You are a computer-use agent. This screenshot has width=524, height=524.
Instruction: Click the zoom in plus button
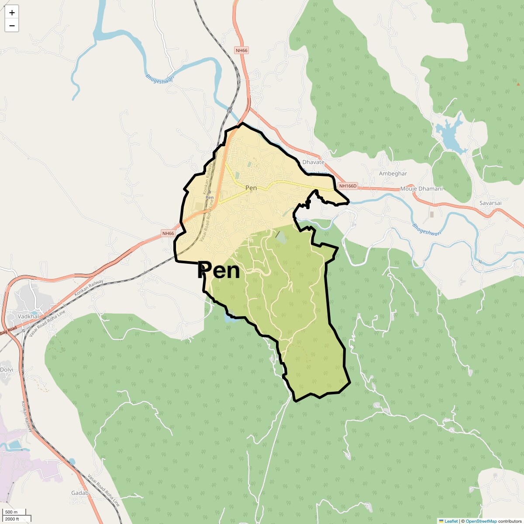(x=12, y=13)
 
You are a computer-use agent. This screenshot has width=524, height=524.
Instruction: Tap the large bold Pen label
(x=219, y=271)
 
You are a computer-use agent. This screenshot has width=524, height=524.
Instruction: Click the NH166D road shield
(x=348, y=186)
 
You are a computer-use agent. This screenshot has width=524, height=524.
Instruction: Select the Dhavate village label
(x=314, y=162)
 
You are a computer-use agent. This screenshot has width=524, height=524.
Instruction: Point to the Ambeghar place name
(x=393, y=173)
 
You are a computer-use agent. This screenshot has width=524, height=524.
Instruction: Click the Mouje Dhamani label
(x=421, y=189)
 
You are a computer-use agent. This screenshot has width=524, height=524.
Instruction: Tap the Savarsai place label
(x=490, y=203)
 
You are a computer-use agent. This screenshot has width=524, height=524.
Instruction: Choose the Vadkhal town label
(x=28, y=316)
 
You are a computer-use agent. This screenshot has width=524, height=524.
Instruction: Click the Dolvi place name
(x=7, y=369)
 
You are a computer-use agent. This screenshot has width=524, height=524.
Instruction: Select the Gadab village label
(x=80, y=493)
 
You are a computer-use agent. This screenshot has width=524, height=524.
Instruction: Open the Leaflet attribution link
(x=451, y=521)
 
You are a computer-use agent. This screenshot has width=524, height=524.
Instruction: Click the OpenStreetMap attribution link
(x=481, y=521)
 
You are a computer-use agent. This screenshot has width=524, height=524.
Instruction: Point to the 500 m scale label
(x=11, y=512)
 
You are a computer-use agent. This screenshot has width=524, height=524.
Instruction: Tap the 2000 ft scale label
(x=12, y=519)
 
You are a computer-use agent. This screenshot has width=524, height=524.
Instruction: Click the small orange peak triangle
(x=518, y=84)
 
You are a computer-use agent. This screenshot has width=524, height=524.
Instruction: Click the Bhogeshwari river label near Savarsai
(x=427, y=229)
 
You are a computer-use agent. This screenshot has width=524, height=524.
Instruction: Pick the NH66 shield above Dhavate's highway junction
(x=241, y=50)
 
